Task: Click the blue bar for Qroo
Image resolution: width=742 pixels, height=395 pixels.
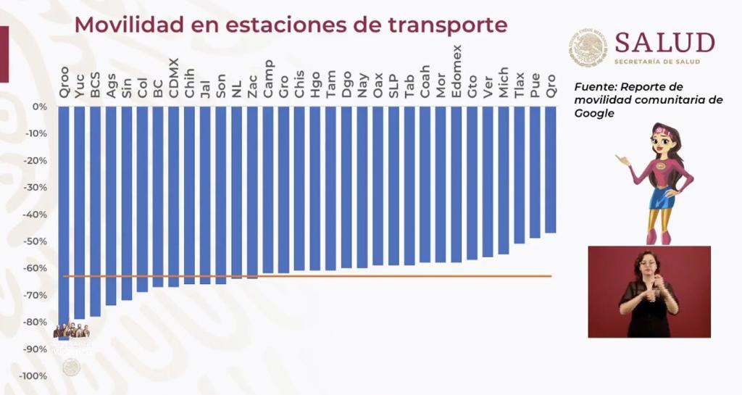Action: click(x=64, y=217)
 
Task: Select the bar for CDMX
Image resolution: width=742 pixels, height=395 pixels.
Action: click(x=173, y=196)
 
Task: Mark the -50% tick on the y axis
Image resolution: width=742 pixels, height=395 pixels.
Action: click(x=36, y=241)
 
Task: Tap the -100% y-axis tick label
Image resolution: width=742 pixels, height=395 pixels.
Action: click(x=34, y=376)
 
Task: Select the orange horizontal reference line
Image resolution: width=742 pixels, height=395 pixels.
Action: click(x=362, y=276)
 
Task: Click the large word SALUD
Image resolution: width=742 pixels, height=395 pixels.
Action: click(x=664, y=42)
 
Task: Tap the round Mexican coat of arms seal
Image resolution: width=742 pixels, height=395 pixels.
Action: click(x=588, y=48)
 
